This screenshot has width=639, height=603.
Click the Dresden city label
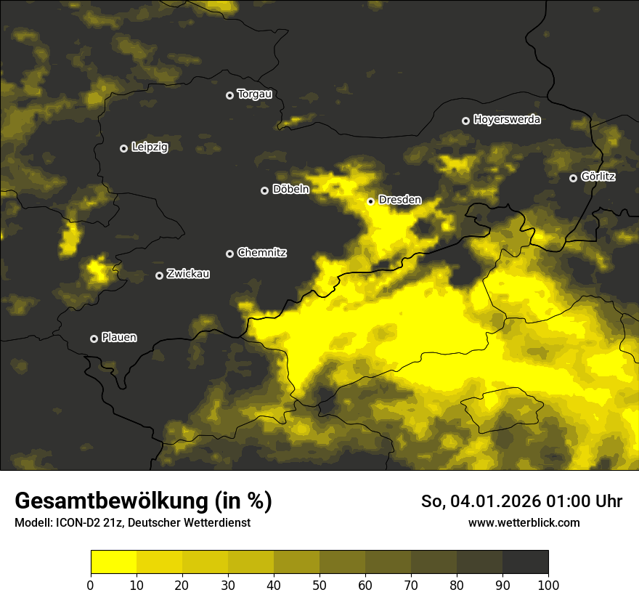tap(399, 200)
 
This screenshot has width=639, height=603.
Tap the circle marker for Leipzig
tap(123, 148)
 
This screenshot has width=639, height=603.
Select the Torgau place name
tap(254, 94)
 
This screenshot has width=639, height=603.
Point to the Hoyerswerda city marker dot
tap(465, 121)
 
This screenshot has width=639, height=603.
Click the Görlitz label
tap(598, 177)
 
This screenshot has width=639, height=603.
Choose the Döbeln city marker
tap(264, 190)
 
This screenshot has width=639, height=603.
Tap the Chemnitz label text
tap(261, 253)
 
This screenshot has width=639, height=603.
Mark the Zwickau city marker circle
tap(160, 275)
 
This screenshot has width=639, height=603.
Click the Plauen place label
tap(119, 338)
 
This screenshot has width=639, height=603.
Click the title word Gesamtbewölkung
tap(109, 501)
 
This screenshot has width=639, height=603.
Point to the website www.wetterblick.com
tap(524, 523)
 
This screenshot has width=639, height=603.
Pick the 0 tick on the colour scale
tap(91, 585)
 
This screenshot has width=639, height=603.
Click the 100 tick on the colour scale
tap(548, 585)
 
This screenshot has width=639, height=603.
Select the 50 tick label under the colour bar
tap(319, 585)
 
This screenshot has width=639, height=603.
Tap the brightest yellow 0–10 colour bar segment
tap(113, 562)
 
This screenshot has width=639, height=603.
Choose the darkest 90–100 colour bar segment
tap(525, 562)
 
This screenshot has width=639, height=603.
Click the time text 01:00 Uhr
tap(587, 501)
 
